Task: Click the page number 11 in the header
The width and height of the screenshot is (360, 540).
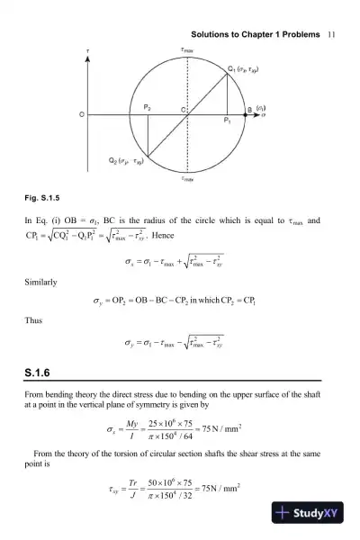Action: pos(332,33)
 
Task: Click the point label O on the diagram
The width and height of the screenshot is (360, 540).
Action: pos(81,114)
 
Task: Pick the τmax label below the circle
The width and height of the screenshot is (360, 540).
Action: pos(187,178)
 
